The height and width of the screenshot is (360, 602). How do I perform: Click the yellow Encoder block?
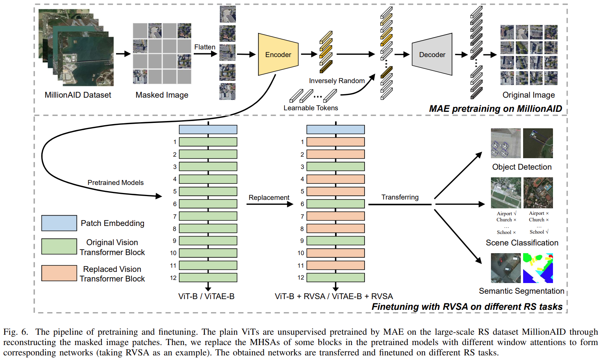(x=278, y=54)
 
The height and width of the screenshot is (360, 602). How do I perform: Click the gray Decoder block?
(x=432, y=54)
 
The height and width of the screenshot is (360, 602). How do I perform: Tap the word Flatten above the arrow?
(x=204, y=47)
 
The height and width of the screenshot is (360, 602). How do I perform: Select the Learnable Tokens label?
(x=311, y=108)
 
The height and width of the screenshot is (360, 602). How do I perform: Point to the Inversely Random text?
(x=337, y=81)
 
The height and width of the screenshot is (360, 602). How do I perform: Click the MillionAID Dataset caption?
(x=78, y=95)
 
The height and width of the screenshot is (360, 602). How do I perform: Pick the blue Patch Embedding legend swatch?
(x=59, y=223)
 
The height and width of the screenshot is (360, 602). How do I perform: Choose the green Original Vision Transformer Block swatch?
(x=59, y=247)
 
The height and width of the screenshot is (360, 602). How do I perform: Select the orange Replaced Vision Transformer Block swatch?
(x=59, y=273)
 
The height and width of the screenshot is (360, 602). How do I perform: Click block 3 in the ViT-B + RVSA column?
(x=335, y=167)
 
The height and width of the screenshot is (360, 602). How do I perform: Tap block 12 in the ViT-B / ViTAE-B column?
(x=208, y=278)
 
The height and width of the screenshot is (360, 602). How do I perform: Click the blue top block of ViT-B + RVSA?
(x=335, y=129)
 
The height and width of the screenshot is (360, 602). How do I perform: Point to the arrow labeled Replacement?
(x=269, y=204)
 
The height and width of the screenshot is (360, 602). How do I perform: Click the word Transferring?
(x=400, y=197)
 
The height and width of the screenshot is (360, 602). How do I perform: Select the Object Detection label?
(x=522, y=167)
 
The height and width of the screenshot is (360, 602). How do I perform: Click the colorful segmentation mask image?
(x=538, y=268)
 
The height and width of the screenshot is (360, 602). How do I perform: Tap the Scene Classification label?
(x=522, y=243)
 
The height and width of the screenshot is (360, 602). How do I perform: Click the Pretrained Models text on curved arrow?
(x=115, y=183)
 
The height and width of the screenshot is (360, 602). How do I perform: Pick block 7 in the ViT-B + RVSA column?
(x=335, y=216)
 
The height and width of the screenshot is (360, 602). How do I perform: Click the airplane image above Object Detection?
(x=505, y=143)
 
